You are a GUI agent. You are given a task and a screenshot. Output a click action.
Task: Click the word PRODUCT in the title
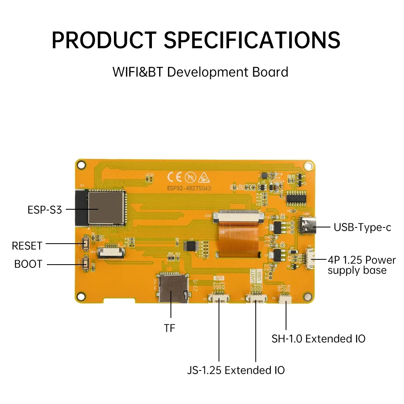(x=103, y=40)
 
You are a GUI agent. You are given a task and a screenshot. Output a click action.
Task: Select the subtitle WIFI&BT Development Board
(x=200, y=72)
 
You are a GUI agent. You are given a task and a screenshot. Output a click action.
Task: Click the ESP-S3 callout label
(x=44, y=210)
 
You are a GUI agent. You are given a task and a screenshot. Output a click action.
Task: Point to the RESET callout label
(x=27, y=245)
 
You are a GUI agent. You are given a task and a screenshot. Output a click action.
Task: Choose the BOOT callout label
(x=28, y=264)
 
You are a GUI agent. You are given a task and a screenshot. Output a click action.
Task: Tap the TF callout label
(x=170, y=328)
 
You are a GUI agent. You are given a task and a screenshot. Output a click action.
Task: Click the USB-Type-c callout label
(x=362, y=227)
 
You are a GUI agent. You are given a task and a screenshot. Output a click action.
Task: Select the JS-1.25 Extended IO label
(x=236, y=370)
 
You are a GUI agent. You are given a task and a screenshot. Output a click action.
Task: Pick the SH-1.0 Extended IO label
(x=318, y=338)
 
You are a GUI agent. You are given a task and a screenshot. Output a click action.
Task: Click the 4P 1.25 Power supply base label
(x=362, y=265)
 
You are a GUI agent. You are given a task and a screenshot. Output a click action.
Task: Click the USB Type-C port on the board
(x=308, y=227)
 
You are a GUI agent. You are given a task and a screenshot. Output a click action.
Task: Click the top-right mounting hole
(x=308, y=165)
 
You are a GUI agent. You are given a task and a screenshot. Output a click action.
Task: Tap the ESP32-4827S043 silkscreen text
(x=188, y=188)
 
